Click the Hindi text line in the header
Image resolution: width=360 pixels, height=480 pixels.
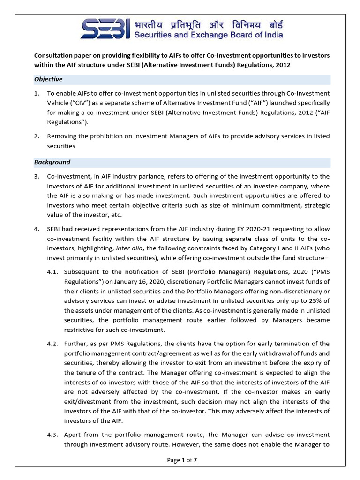(x=202, y=24)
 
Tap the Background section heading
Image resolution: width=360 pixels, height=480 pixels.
(x=52, y=162)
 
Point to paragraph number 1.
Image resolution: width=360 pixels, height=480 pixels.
(x=37, y=93)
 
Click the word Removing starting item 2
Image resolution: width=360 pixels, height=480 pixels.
(x=61, y=136)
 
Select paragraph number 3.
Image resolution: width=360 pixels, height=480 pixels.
(x=37, y=176)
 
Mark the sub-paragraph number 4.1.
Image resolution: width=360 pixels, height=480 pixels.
(x=52, y=271)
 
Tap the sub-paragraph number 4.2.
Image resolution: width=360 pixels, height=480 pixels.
(x=52, y=344)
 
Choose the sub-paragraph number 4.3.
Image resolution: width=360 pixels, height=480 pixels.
(x=52, y=435)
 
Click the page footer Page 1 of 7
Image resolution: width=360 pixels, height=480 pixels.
(x=182, y=460)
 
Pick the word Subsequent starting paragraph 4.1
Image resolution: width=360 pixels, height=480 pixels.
(x=81, y=271)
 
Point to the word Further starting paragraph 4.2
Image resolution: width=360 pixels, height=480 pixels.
(x=75, y=344)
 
